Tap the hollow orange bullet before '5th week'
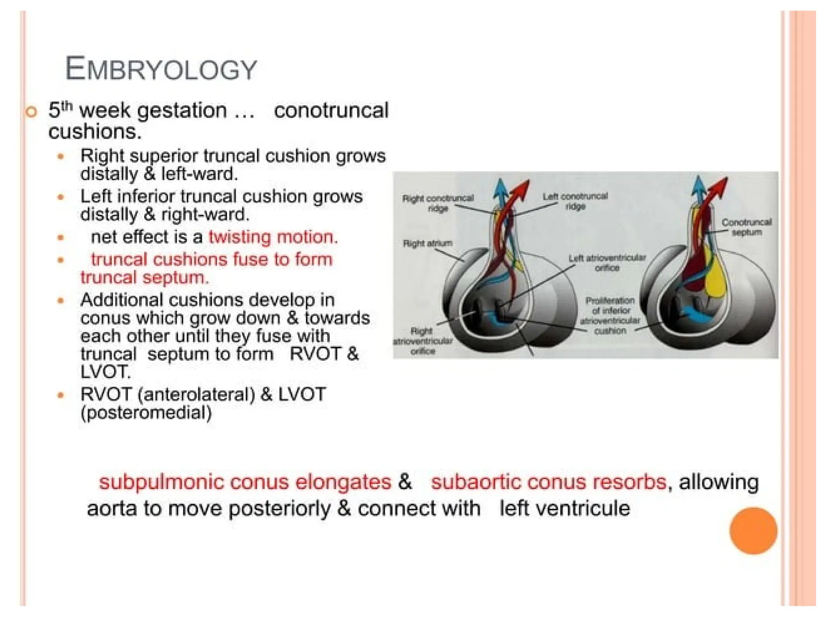(31, 112)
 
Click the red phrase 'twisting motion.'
(273, 237)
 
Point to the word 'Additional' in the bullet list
(121, 300)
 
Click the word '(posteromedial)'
(146, 413)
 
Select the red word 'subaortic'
(476, 482)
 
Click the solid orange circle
(753, 531)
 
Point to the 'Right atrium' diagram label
(428, 244)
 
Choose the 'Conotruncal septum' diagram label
(746, 227)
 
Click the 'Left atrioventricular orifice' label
(607, 263)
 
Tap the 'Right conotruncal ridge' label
(438, 203)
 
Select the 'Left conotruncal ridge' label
(575, 201)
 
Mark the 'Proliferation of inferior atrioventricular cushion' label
(610, 315)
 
